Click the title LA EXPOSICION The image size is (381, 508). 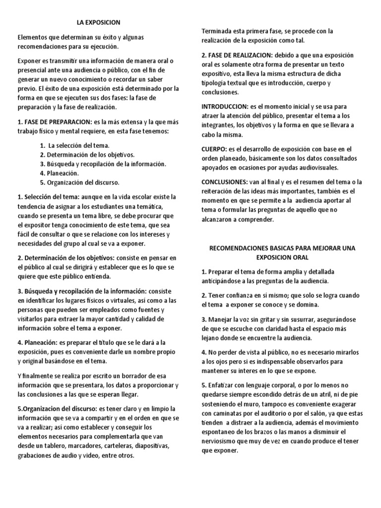[x=98, y=22]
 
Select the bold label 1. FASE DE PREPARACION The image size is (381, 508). [x=55, y=122]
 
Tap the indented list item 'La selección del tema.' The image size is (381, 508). [x=75, y=146]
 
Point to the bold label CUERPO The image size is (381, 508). [x=213, y=149]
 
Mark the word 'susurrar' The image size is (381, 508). [x=297, y=319]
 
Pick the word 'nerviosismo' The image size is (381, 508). [x=221, y=442]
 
